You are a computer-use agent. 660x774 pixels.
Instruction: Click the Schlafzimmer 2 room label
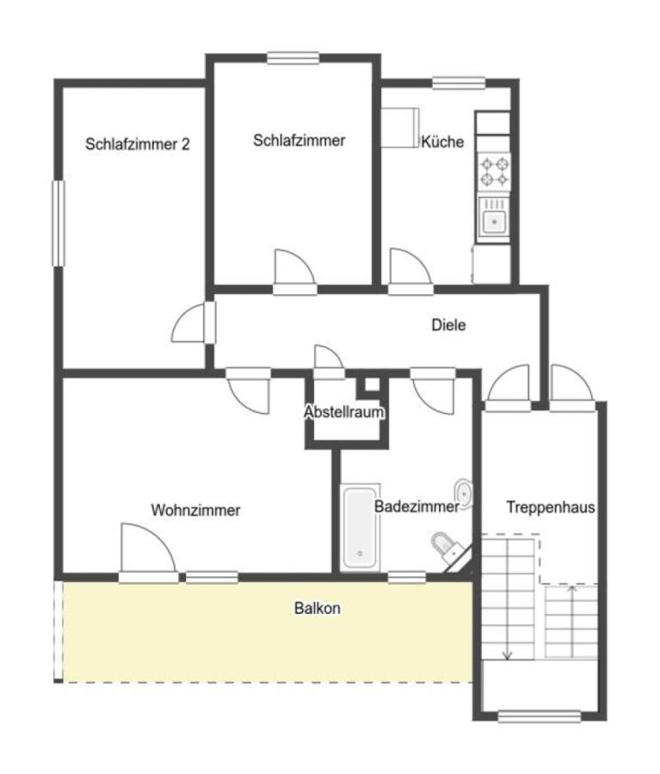pyautogui.click(x=138, y=144)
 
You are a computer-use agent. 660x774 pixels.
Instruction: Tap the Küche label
pyautogui.click(x=442, y=142)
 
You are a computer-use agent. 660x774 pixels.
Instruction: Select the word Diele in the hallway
pyautogui.click(x=448, y=325)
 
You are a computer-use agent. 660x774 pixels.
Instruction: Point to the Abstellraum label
pyautogui.click(x=344, y=412)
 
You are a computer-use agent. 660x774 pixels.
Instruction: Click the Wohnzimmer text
pyautogui.click(x=195, y=510)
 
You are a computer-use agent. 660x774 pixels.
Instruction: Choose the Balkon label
pyautogui.click(x=318, y=608)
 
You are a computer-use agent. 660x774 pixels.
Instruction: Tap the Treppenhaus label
pyautogui.click(x=551, y=507)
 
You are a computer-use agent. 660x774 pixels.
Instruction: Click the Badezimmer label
pyautogui.click(x=416, y=507)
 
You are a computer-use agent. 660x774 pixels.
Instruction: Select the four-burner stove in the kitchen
pyautogui.click(x=494, y=171)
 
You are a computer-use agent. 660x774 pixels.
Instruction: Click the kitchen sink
pyautogui.click(x=494, y=219)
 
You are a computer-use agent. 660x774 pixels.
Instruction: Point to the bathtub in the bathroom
pyautogui.click(x=361, y=528)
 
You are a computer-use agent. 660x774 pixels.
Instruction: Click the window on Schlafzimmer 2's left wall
pyautogui.click(x=59, y=224)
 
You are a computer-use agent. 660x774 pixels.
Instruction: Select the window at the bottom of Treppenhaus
pyautogui.click(x=540, y=716)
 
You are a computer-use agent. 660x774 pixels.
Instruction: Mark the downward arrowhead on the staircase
pyautogui.click(x=507, y=655)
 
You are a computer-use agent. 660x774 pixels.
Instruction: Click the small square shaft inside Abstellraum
pyautogui.click(x=372, y=385)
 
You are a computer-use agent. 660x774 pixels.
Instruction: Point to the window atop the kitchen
pyautogui.click(x=459, y=83)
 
